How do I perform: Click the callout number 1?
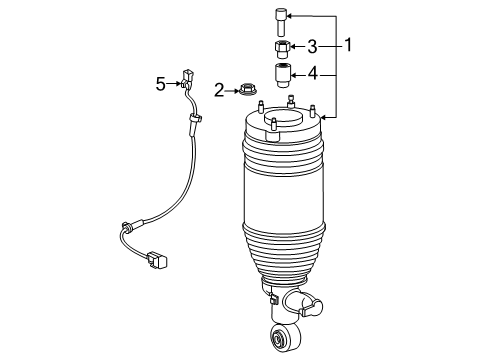[349, 45]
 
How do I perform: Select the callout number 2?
[218, 90]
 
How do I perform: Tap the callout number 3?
[312, 46]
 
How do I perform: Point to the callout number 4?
[312, 73]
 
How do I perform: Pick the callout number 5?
[160, 83]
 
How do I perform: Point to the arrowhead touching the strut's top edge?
[327, 118]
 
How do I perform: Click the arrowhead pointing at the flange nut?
[231, 90]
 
